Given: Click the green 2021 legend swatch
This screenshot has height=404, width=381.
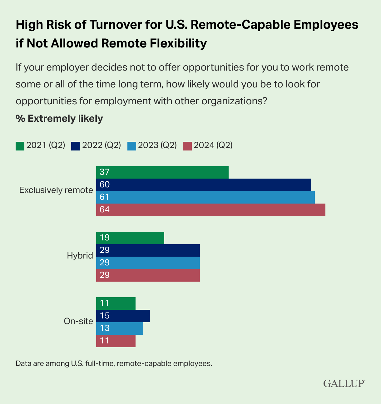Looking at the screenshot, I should [x=20, y=146].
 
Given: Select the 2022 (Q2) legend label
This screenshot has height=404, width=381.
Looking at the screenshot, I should [x=101, y=145].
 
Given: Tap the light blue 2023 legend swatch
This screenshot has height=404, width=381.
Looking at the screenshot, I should [x=131, y=146].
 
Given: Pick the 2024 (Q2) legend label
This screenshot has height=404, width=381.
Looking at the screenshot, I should [x=213, y=145].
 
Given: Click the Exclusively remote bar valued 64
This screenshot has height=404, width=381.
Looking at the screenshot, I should [x=210, y=210].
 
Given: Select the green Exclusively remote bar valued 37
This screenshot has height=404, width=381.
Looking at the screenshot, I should [x=162, y=172].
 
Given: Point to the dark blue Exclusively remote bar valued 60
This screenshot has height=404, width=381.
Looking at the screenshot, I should [x=203, y=185].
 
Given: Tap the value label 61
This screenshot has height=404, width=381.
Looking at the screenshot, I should [x=105, y=197].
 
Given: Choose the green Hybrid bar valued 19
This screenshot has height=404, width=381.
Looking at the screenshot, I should [x=130, y=238].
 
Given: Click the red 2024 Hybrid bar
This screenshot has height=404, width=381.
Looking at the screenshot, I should [x=148, y=275].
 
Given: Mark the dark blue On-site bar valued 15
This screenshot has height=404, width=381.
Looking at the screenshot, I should [x=123, y=316].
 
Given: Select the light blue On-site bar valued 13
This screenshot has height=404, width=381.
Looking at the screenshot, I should [x=119, y=328].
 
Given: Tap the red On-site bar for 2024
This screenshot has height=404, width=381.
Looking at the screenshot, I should [x=116, y=341].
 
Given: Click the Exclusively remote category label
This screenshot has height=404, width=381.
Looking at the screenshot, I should [x=56, y=190].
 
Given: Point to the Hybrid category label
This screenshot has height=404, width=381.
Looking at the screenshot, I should [x=80, y=256].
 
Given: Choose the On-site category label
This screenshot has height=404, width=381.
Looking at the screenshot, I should [x=78, y=321].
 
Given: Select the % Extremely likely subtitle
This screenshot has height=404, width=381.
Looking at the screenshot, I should [x=59, y=119].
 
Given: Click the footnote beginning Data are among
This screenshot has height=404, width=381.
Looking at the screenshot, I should [x=114, y=363].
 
